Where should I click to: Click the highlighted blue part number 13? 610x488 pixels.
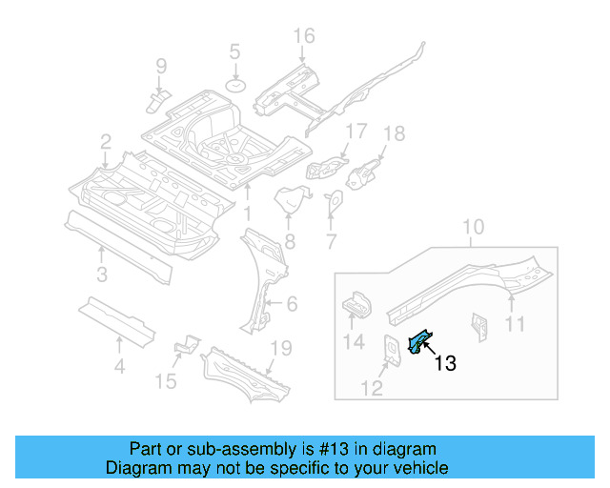click(417, 340)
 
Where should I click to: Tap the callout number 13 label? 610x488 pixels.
click(445, 363)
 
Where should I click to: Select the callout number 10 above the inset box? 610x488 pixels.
click(474, 228)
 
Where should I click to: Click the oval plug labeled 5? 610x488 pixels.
click(234, 87)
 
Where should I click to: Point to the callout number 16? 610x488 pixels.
click(303, 36)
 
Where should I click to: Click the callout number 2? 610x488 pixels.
click(105, 142)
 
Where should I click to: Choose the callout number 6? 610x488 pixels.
click(292, 304)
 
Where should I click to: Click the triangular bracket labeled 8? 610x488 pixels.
click(290, 203)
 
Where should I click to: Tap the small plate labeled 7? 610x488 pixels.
click(335, 203)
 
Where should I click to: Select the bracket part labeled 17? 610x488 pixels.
click(326, 165)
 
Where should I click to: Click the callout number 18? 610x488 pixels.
click(394, 133)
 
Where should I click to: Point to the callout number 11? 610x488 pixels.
click(515, 325)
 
